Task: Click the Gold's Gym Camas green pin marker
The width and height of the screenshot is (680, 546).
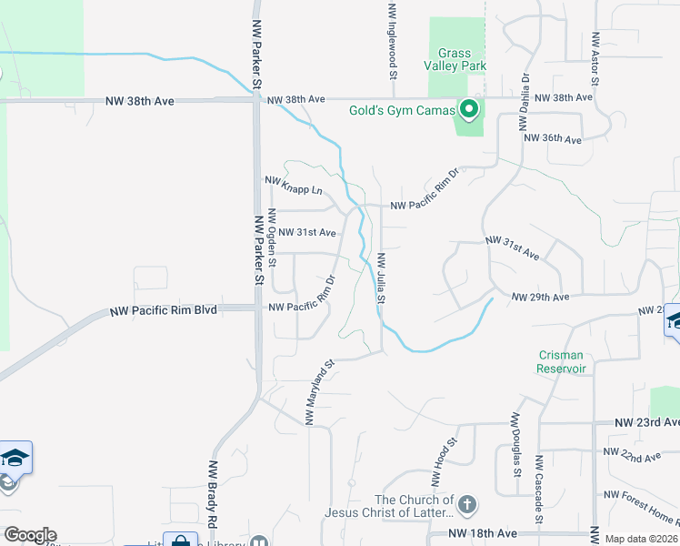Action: [469, 111]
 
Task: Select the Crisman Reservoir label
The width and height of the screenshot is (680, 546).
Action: [561, 362]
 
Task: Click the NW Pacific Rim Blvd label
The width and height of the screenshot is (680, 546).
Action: [163, 309]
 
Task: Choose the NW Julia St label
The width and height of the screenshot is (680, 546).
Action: [382, 278]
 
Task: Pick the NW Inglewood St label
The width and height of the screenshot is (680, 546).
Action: [393, 41]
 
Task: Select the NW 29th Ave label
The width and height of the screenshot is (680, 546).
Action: [540, 298]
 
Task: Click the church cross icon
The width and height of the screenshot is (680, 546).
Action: [466, 504]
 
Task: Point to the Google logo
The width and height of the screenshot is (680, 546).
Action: [30, 535]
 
